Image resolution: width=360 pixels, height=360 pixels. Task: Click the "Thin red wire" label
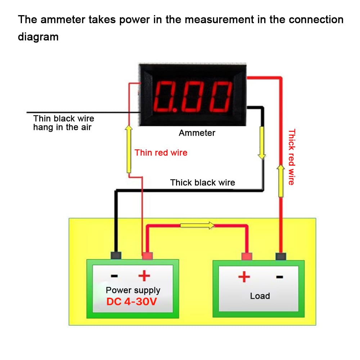161,153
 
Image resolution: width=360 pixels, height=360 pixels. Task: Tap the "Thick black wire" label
202,183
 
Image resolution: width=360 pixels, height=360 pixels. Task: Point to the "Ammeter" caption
197,133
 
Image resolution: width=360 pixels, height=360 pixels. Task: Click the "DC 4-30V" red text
131,302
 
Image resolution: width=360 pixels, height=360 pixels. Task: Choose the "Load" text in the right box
260,296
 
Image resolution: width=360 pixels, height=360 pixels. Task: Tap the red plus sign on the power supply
144,276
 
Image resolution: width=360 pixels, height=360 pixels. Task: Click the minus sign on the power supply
114,276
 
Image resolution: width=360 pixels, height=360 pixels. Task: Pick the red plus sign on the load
244,277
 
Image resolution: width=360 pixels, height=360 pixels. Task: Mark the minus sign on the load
279,277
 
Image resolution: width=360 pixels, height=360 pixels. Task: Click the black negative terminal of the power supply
116,256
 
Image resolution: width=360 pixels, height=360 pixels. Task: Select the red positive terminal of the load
247,256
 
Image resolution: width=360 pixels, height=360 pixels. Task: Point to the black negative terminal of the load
280,256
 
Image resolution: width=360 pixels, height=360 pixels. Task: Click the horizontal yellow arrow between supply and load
197,226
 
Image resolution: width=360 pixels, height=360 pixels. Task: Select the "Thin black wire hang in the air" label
64,123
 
